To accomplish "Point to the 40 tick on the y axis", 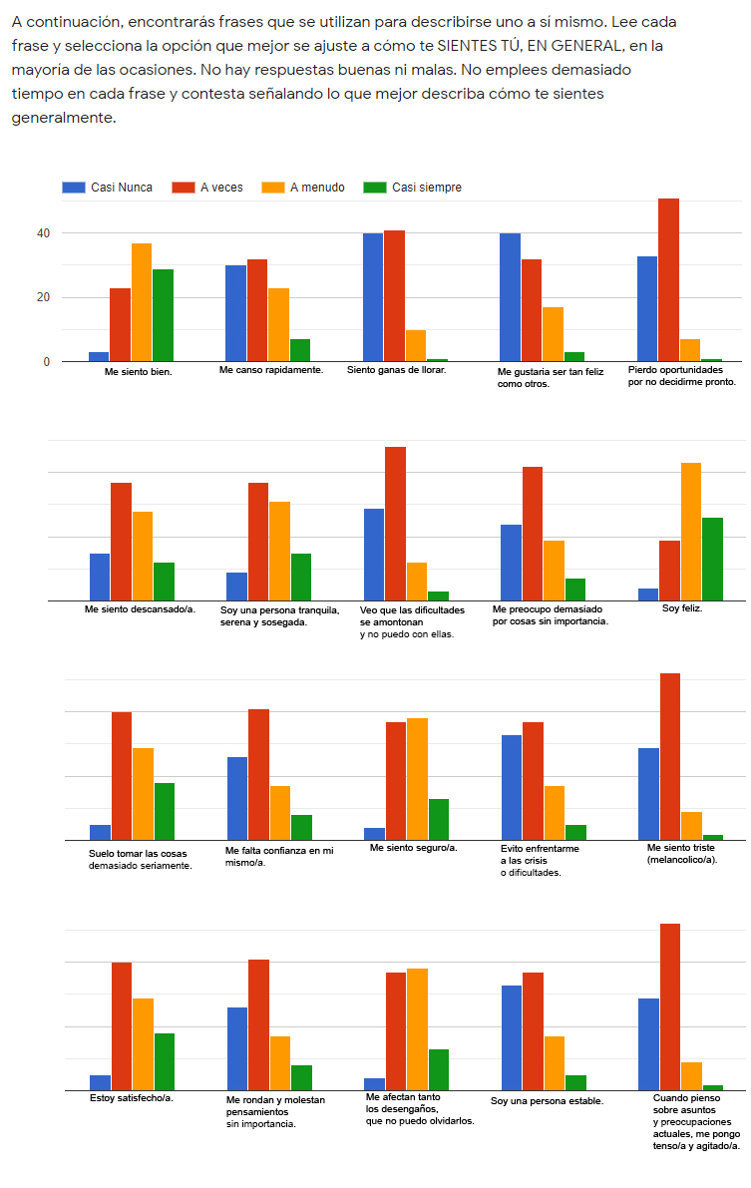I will [x=43, y=233].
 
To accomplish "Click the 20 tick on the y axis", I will [x=43, y=297].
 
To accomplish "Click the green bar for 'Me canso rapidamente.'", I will [x=300, y=350].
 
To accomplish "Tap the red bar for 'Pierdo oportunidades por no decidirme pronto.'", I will [x=668, y=280].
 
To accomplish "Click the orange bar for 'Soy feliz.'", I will [x=691, y=532].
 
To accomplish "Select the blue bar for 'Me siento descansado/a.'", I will [x=100, y=577].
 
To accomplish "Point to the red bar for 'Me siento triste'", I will [x=670, y=757].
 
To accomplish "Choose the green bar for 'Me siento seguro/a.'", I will [x=439, y=819].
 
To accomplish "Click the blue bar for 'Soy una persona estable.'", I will [x=512, y=1037].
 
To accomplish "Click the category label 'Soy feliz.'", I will [x=682, y=608].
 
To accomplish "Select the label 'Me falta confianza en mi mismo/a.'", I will [x=279, y=856].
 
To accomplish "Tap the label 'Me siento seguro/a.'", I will [x=413, y=847].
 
